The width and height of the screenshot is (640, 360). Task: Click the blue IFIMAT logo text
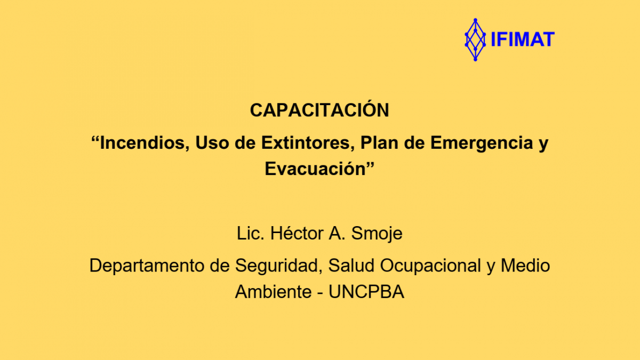523,39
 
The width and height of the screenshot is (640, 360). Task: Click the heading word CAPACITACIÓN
319,110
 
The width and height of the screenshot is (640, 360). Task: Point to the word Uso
212,142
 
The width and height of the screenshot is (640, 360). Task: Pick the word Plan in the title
379,142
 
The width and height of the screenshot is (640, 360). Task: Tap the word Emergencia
482,143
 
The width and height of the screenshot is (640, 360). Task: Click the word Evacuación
315,169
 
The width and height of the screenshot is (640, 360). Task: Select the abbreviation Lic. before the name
250,234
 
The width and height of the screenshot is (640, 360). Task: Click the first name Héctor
297,233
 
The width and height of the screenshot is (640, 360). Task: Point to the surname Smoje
377,234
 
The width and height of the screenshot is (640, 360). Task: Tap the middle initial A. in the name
337,234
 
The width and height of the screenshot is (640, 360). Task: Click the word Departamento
146,266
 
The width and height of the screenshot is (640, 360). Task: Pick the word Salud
351,266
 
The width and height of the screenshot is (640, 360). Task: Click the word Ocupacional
430,266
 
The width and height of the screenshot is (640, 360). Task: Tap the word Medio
525,266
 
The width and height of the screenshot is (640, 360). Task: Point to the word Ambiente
273,292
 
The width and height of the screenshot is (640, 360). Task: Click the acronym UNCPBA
366,292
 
